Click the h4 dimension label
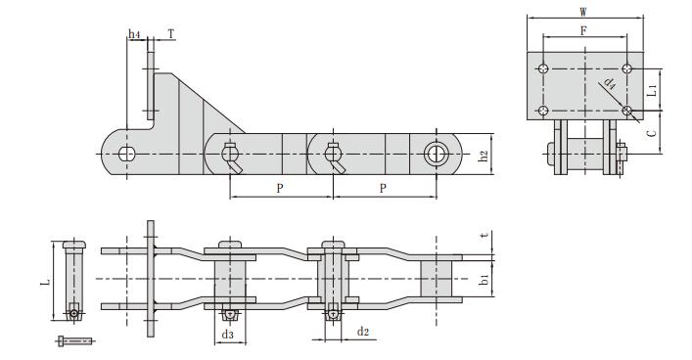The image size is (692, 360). pyautogui.click(x=134, y=35)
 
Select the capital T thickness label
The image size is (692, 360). pyautogui.click(x=171, y=33)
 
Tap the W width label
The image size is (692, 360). pyautogui.click(x=583, y=13)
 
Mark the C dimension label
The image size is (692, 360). pyautogui.click(x=653, y=130)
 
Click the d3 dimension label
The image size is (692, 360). pyautogui.click(x=227, y=336)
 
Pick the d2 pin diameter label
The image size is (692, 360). pyautogui.click(x=361, y=333)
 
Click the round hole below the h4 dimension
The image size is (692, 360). pyautogui.click(x=126, y=154)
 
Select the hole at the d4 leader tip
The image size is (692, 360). pyautogui.click(x=626, y=112)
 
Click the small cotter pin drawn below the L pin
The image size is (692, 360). pyautogui.click(x=75, y=340)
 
